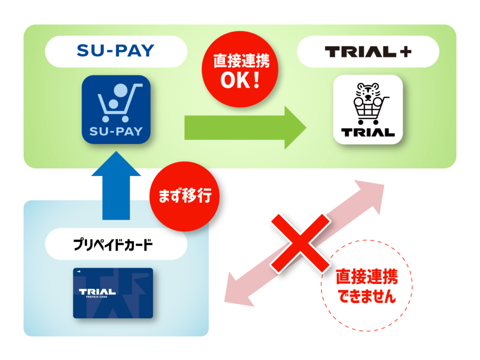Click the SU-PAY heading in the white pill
coord(115,51)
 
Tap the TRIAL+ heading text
coord(368,52)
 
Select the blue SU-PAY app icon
coord(116,109)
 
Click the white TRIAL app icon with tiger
coord(368,109)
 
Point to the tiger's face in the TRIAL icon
coord(368,92)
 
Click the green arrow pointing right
coord(245,127)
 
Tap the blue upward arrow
coord(116,186)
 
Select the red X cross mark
coord(300,243)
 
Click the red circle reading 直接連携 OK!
coord(240,69)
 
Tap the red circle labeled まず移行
coord(185,196)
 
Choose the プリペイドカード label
coord(113,245)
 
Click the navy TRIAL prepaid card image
coord(113,293)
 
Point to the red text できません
coord(367,296)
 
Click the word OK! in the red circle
coord(240,80)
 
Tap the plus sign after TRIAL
coord(405,52)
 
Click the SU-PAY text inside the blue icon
coord(116,132)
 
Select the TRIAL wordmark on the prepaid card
coord(97,292)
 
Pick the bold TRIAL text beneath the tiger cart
coord(368,133)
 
